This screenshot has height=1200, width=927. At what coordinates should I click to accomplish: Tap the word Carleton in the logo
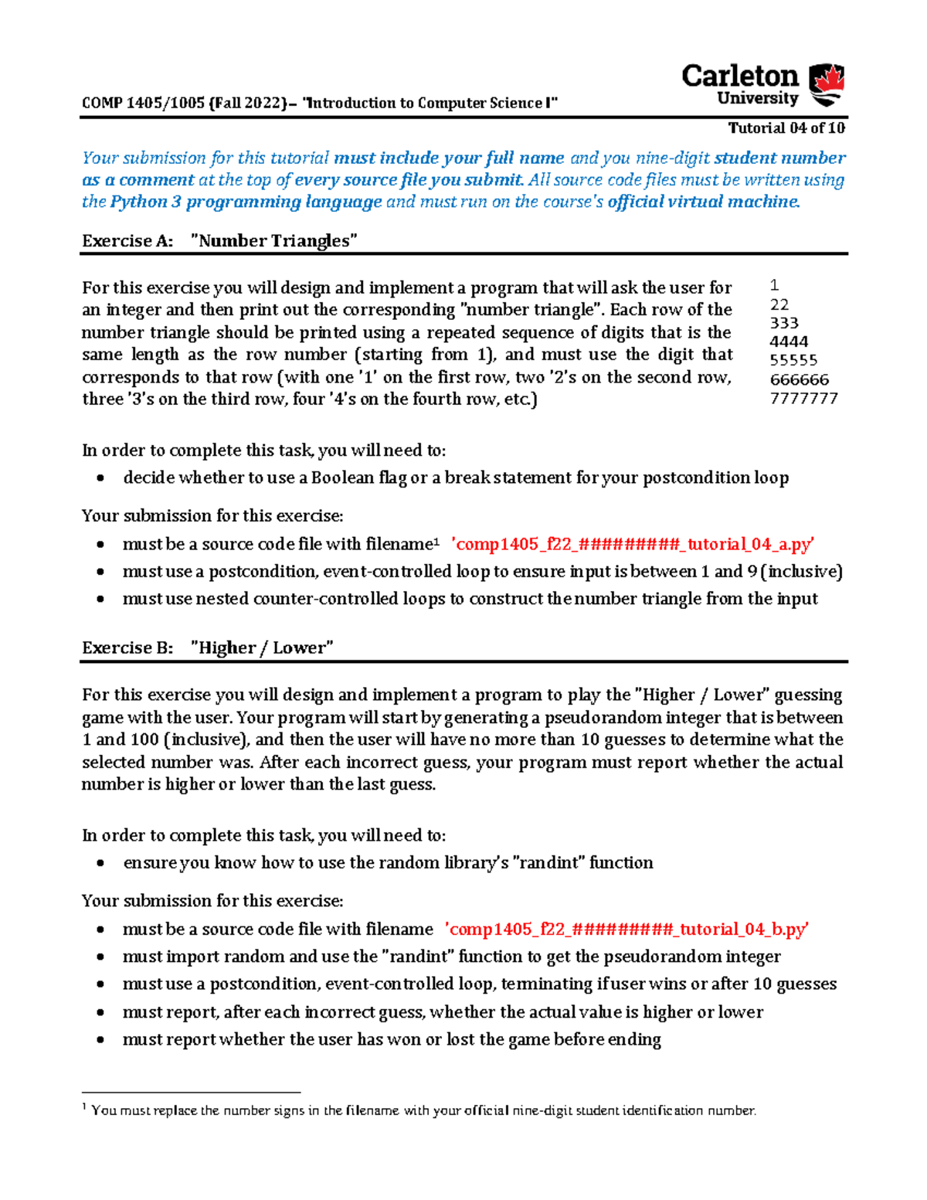(x=739, y=76)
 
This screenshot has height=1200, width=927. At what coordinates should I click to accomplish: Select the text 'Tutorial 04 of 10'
(x=786, y=128)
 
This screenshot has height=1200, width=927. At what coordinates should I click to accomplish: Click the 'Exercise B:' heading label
(x=127, y=648)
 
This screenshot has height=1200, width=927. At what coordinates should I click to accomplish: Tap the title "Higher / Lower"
(x=262, y=648)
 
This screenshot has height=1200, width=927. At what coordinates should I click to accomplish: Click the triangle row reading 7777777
(x=803, y=399)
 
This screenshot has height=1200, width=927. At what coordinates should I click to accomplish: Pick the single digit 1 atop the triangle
(x=775, y=285)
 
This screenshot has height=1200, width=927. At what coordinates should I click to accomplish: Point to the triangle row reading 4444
(x=789, y=342)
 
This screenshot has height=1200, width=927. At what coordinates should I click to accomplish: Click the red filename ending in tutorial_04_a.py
(x=632, y=544)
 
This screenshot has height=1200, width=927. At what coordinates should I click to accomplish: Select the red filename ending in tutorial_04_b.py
(x=626, y=929)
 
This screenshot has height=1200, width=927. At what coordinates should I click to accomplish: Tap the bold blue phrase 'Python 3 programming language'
(x=246, y=202)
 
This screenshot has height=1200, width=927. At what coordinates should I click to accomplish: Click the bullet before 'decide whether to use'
(x=100, y=478)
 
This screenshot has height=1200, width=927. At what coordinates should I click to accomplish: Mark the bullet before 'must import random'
(x=100, y=957)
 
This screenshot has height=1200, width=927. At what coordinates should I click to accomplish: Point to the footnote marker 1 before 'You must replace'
(x=84, y=1107)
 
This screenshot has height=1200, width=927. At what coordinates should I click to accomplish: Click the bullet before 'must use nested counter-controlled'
(x=100, y=599)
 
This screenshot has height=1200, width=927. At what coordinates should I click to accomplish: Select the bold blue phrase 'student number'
(x=779, y=158)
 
